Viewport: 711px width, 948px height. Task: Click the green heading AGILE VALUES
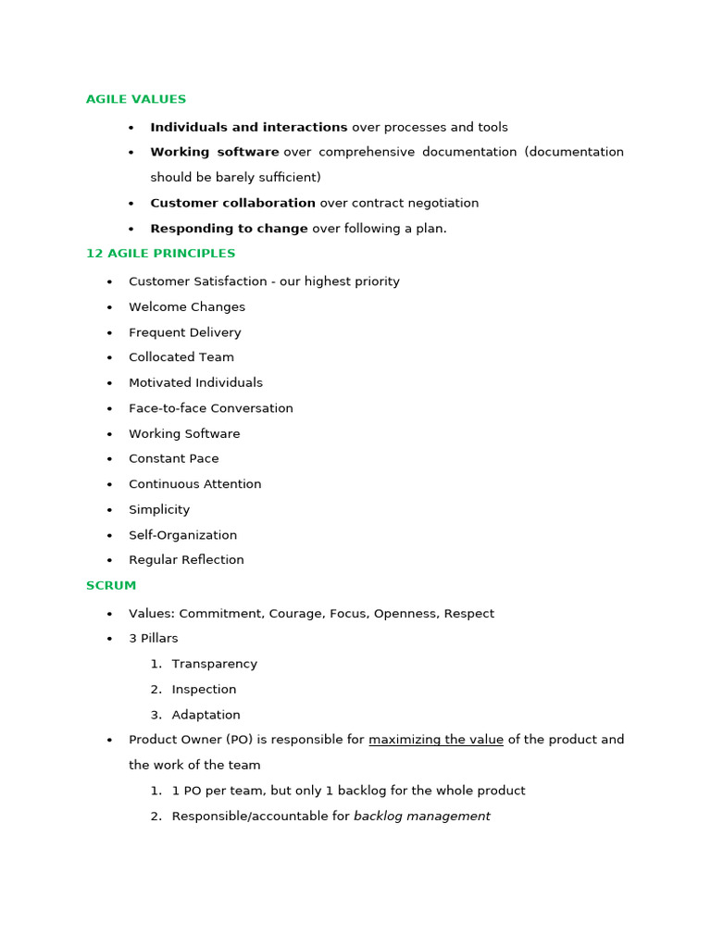tap(136, 99)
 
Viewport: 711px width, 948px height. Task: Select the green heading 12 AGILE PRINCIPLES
tap(160, 254)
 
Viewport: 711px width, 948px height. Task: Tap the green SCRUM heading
tap(111, 586)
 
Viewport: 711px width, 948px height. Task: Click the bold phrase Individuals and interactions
tap(249, 128)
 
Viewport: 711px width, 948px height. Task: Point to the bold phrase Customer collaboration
tap(233, 204)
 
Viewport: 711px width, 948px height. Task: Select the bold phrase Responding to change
tap(229, 229)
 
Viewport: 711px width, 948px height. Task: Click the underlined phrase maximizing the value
tap(436, 740)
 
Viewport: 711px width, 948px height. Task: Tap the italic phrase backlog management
tap(422, 817)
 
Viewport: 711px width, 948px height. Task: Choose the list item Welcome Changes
tap(187, 307)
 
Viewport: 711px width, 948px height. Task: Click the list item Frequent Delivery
tap(185, 332)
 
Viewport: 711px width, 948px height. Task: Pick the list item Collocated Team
tap(181, 357)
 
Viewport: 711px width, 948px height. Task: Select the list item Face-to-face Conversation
tap(211, 408)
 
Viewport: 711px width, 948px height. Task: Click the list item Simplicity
tap(159, 510)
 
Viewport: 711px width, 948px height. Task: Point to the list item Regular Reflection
tap(186, 560)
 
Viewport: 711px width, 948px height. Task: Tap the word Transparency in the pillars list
tap(215, 664)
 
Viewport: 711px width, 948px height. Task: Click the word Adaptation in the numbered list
tap(206, 715)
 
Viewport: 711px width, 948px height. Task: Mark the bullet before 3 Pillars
tap(109, 639)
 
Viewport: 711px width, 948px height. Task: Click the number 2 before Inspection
tap(155, 690)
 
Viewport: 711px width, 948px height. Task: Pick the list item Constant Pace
tap(174, 459)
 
